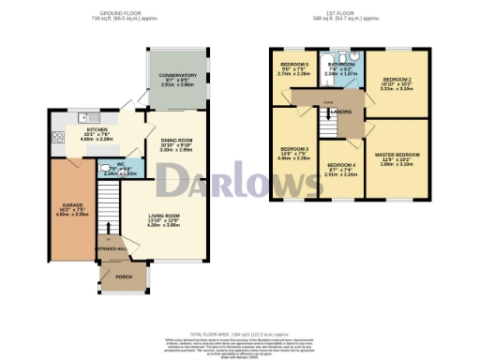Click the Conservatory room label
(x=176, y=75)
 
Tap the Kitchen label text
(x=98, y=130)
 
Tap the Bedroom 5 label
(x=293, y=65)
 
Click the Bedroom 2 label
(x=397, y=81)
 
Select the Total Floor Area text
(x=240, y=334)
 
